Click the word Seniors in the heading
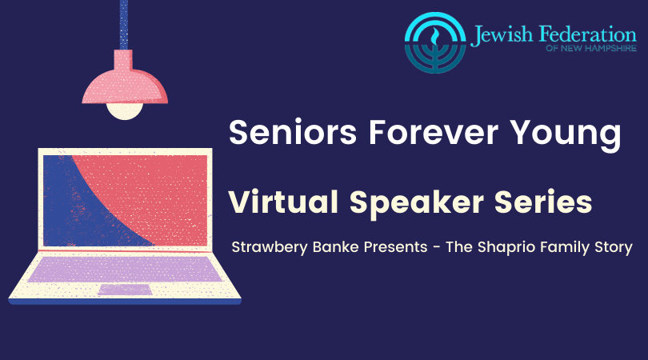point(293,132)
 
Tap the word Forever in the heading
point(434,132)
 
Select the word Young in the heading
point(566,135)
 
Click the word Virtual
point(283,202)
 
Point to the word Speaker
point(417,204)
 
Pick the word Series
point(543,202)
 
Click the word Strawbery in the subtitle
point(270,247)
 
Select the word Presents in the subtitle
point(395,246)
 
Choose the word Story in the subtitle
point(614,247)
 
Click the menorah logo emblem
point(435,42)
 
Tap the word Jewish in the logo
point(502,35)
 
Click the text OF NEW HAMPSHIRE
point(591,48)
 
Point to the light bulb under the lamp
point(125,110)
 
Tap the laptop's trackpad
point(126,290)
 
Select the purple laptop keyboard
point(125,269)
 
